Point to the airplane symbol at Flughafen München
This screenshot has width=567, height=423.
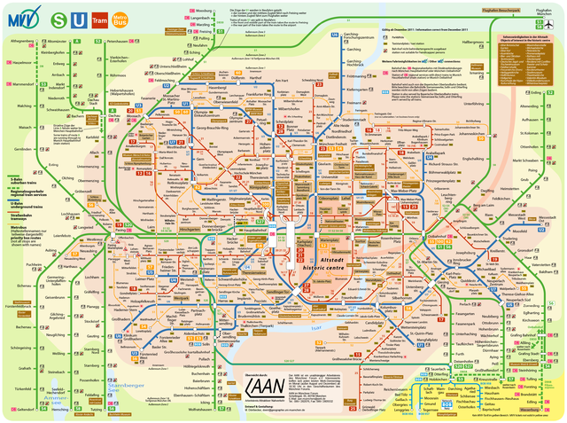[554, 24]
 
